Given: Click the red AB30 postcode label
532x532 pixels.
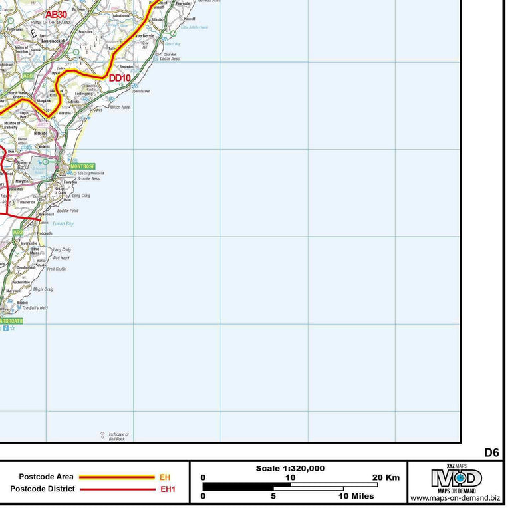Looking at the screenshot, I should [x=56, y=13].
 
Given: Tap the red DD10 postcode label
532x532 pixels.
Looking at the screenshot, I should [x=120, y=78].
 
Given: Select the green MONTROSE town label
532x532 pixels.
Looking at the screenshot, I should [x=82, y=166].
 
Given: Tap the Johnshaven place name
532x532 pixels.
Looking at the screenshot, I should [x=142, y=91].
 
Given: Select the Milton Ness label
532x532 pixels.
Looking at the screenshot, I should [x=120, y=107].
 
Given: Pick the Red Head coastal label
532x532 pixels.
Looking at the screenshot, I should [x=61, y=258].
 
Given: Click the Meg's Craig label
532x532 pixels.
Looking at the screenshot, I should [x=43, y=289].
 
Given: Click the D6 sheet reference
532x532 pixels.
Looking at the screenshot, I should [x=491, y=452].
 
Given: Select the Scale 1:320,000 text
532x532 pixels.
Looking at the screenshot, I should [x=290, y=468].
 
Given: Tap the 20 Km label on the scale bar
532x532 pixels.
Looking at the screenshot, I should [x=386, y=477].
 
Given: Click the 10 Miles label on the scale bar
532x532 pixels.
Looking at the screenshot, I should [x=356, y=496].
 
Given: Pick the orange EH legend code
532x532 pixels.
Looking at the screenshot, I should [x=165, y=477].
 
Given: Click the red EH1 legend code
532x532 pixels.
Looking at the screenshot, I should [x=167, y=489].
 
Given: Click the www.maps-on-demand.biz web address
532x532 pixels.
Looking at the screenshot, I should [x=456, y=498].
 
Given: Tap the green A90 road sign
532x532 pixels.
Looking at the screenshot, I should [x=27, y=76].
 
